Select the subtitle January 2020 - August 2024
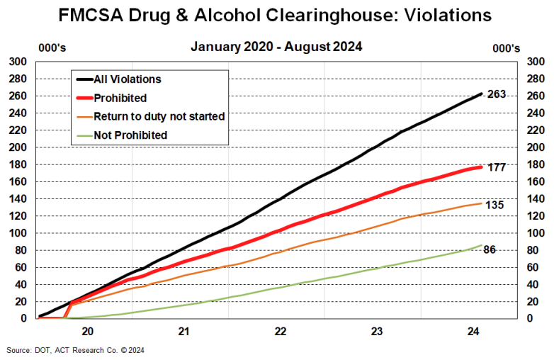click(277, 47)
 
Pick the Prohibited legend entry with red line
click(120, 98)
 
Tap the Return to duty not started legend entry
click(159, 116)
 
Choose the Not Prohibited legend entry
click(130, 135)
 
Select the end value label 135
click(494, 205)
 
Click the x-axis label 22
click(281, 331)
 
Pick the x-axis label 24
click(473, 331)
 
